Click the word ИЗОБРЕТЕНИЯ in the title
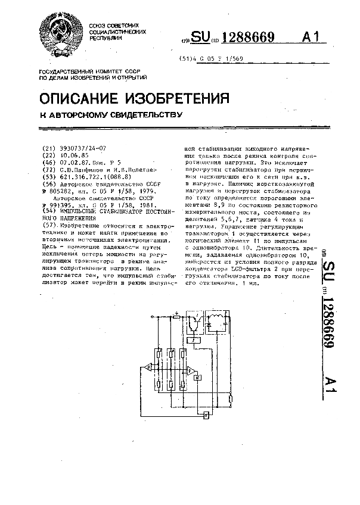tap(177, 98)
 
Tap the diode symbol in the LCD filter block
tap(210, 325)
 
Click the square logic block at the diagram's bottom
tap(206, 414)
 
